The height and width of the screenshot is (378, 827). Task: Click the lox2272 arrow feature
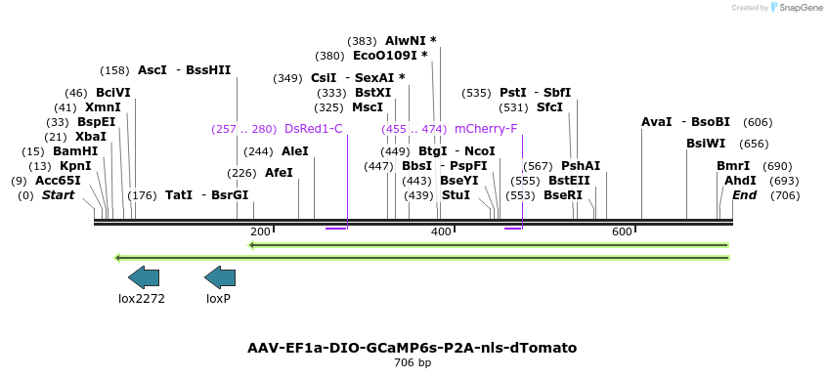[x=143, y=277]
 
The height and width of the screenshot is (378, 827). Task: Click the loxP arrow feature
[x=219, y=277]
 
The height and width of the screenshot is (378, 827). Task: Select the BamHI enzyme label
[x=75, y=151]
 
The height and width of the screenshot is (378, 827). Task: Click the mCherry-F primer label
[x=486, y=129]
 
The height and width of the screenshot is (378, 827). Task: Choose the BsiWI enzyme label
[x=706, y=144]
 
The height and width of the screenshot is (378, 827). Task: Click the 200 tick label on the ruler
[x=260, y=231]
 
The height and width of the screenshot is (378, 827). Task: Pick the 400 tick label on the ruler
[x=441, y=231]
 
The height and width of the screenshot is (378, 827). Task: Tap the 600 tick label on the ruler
[x=622, y=231]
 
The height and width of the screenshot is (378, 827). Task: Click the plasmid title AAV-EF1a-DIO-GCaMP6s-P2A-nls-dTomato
[x=412, y=348]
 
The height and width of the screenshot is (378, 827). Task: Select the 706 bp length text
[x=412, y=363]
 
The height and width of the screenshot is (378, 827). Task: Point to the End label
[x=744, y=195]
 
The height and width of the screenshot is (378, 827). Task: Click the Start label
[x=58, y=195]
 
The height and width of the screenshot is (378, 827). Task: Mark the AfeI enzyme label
[x=279, y=173]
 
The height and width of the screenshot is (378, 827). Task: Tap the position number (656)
[x=754, y=144]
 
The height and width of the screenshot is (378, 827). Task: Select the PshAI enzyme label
[x=581, y=166]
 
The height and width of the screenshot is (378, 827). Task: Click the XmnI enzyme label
[x=103, y=107]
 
